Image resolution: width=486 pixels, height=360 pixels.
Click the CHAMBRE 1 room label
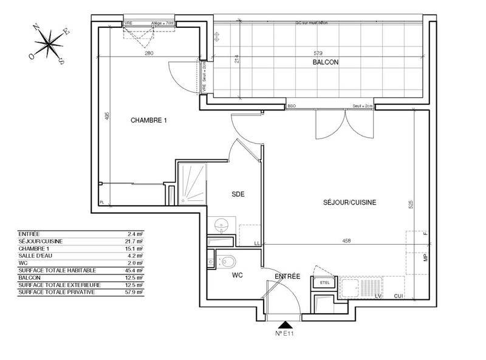pyautogui.click(x=149, y=120)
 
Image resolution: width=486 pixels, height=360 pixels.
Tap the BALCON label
pyautogui.click(x=325, y=63)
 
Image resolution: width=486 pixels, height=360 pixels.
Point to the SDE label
pyautogui.click(x=238, y=194)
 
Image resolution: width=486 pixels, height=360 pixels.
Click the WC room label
pyautogui.click(x=237, y=275)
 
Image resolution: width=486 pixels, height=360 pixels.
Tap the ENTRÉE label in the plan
pyautogui.click(x=287, y=276)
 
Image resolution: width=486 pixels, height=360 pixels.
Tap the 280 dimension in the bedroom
pyautogui.click(x=149, y=53)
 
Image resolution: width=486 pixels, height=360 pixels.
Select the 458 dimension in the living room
pyautogui.click(x=346, y=241)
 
